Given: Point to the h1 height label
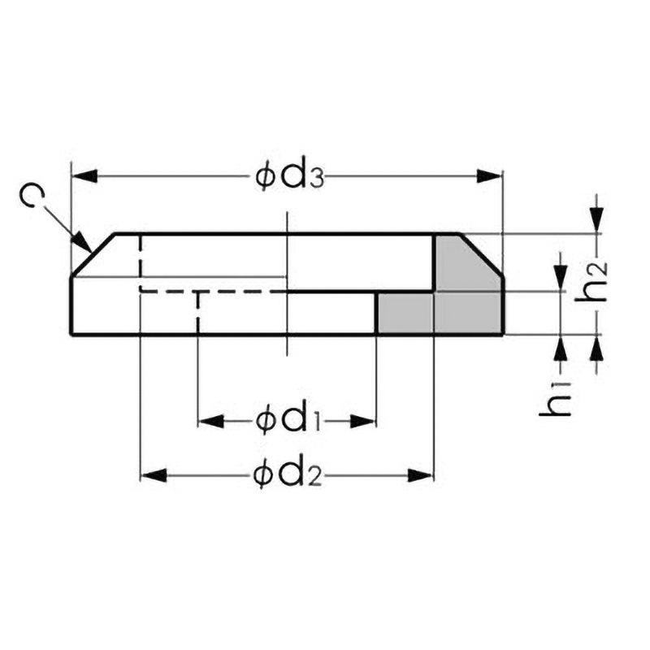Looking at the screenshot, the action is (x=556, y=400).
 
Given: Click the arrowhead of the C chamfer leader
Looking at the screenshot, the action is (x=82, y=242).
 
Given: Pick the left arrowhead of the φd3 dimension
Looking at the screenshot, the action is (x=84, y=176).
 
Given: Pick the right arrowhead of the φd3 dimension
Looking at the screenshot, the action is (x=489, y=176).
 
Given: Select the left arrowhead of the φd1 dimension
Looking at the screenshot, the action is (x=211, y=422).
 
